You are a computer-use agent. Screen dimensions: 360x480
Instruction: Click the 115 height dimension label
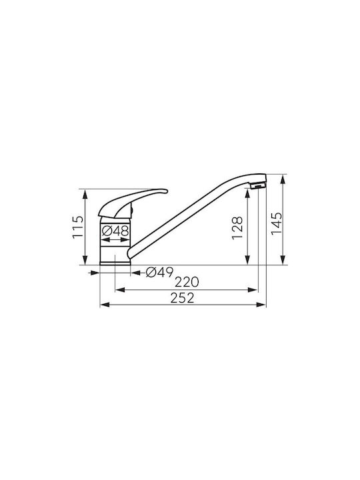coord(77,227)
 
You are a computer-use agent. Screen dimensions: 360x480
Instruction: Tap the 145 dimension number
coord(277,223)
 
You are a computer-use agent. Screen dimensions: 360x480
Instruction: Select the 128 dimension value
coord(237,228)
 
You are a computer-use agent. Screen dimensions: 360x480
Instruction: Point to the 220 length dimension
coord(187,281)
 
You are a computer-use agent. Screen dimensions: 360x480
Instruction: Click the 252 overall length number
coord(183,298)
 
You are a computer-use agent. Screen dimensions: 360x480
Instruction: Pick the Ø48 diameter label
coord(115,231)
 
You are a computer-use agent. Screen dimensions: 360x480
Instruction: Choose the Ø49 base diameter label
coord(159,272)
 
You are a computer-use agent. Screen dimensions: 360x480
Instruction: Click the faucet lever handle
coord(133,203)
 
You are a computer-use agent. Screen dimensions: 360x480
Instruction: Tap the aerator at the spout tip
coord(257,185)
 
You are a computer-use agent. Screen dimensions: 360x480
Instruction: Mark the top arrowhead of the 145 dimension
coord(283,180)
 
